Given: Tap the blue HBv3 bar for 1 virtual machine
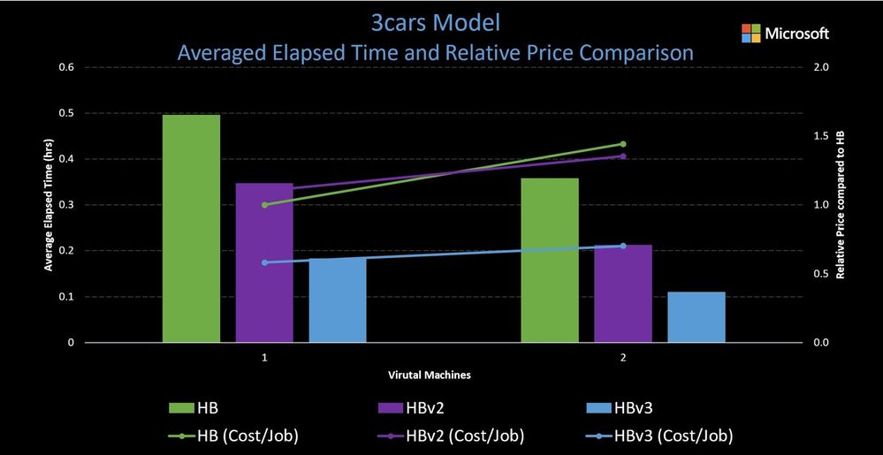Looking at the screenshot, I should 337,300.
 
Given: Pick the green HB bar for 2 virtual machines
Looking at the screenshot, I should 550,260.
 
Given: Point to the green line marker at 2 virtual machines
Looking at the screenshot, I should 622,144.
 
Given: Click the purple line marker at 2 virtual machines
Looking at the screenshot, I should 622,156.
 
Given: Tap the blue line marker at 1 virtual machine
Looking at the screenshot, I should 264,262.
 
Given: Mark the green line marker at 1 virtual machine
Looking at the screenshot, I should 264,205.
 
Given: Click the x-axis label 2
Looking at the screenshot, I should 622,358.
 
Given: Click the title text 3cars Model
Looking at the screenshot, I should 435,21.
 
